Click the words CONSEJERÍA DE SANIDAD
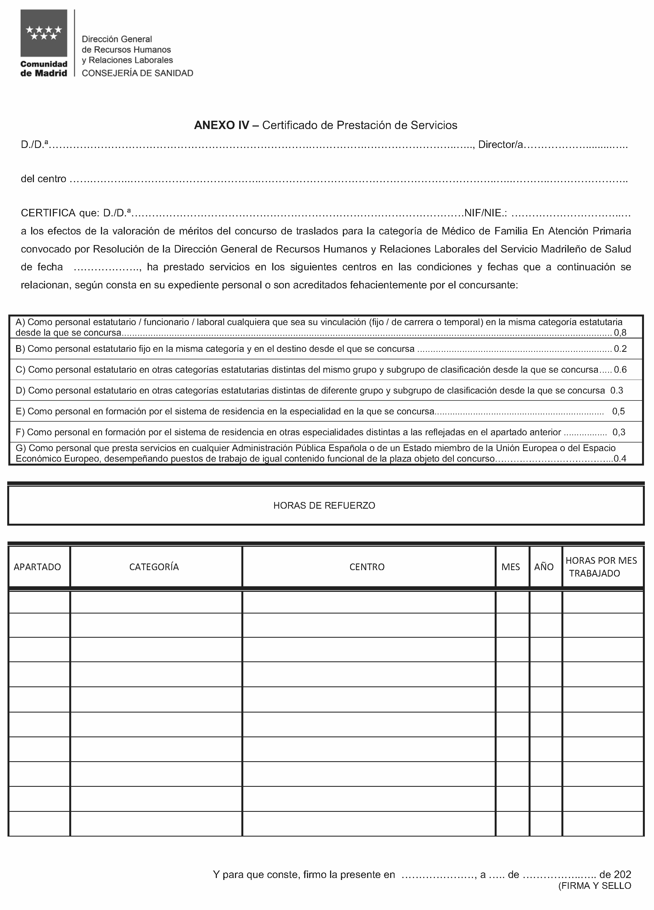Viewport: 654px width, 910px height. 137,73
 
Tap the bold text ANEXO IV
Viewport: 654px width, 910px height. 222,125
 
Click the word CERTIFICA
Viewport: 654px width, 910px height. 48,213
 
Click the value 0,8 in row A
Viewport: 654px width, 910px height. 620,332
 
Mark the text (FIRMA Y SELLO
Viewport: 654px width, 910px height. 594,886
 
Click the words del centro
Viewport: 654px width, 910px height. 43,179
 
